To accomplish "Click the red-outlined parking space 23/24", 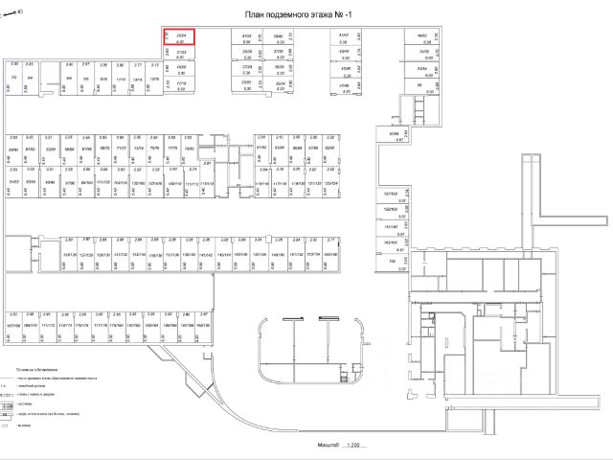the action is pos(180,37).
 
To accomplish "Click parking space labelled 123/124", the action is pos(330,182).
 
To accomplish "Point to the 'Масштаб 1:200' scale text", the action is pos(346,445).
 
